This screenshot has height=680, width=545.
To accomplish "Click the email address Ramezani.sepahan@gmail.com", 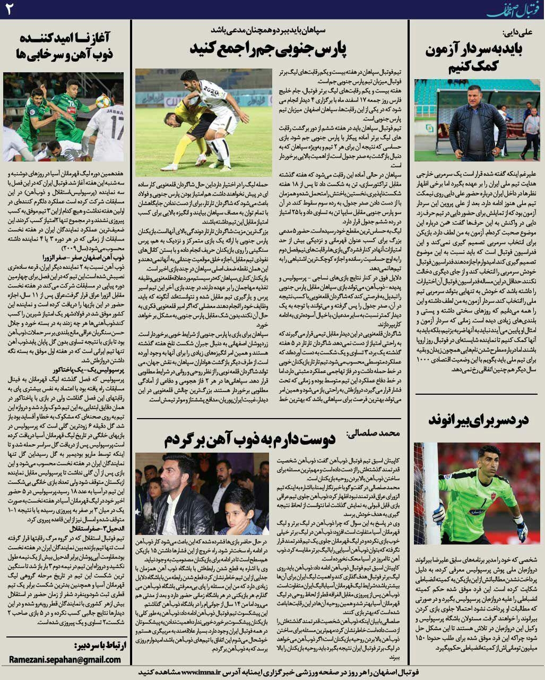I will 65,659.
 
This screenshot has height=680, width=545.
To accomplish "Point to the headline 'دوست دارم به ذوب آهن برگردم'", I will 249,439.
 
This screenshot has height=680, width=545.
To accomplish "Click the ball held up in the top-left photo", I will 103,100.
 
